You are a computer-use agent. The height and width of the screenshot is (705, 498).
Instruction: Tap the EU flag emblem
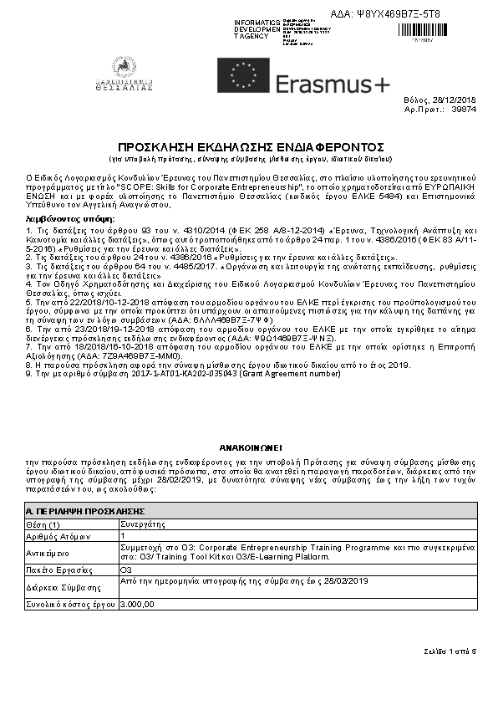coord(242,75)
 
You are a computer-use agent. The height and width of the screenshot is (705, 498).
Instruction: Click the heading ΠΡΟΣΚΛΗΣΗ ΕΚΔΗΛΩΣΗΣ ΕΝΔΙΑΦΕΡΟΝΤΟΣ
coord(249,146)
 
